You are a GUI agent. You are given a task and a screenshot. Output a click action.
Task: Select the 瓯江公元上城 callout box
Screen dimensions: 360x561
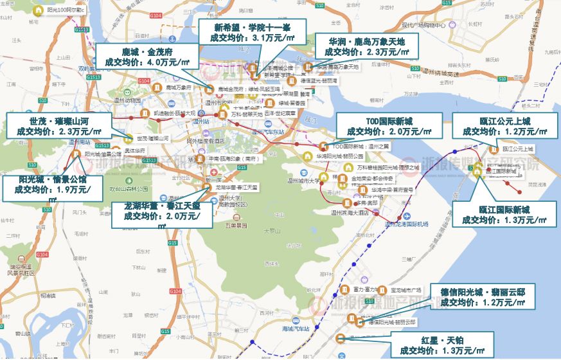click(501, 125)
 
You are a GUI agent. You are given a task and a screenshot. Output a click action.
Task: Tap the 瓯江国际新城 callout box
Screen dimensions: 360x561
click(504, 215)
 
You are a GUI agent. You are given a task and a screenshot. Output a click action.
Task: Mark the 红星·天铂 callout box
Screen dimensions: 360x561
click(443, 345)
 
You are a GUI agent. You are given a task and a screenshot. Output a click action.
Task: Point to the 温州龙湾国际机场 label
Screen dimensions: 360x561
click(405, 225)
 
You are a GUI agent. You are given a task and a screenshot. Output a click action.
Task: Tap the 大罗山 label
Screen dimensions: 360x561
click(273, 229)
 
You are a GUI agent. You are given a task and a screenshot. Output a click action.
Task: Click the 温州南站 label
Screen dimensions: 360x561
click(80, 142)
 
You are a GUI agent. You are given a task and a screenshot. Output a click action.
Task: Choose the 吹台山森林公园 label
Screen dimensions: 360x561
click(129, 189)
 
